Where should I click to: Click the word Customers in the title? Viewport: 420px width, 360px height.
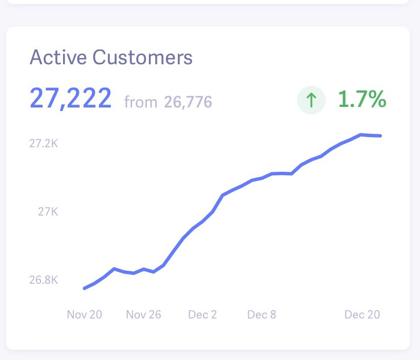tap(143, 57)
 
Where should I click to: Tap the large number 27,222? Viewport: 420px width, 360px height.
tap(70, 99)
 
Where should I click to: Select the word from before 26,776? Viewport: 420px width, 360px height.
tap(140, 102)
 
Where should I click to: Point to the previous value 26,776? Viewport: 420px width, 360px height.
tap(188, 102)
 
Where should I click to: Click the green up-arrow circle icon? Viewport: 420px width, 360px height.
tap(311, 101)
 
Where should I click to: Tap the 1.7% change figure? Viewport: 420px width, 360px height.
tap(362, 100)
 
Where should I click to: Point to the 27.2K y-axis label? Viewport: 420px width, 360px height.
tap(44, 144)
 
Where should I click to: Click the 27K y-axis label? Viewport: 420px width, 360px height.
tap(48, 212)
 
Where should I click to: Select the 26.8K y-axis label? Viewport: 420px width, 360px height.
tap(44, 280)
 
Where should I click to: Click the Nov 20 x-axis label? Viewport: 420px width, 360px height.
tap(84, 315)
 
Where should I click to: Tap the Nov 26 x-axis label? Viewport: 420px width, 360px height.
tap(143, 315)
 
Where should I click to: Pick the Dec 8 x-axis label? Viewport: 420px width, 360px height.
tap(261, 315)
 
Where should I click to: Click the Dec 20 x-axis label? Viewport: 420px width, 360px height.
tap(362, 315)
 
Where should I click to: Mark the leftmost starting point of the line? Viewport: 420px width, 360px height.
tap(84, 288)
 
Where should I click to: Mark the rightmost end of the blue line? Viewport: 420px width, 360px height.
tap(380, 136)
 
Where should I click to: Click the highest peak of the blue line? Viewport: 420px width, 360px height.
tap(361, 135)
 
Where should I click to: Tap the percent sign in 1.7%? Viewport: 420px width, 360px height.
tap(376, 100)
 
